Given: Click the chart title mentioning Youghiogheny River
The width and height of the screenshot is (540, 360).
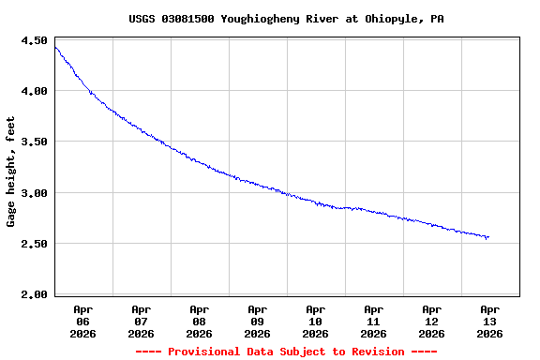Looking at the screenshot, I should pyautogui.click(x=286, y=18).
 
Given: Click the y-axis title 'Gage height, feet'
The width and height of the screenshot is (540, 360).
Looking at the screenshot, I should pyautogui.click(x=11, y=172).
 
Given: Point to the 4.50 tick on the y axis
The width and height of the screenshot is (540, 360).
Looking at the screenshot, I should pyautogui.click(x=34, y=40).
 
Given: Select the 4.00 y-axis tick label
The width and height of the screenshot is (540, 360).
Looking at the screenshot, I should pyautogui.click(x=34, y=91).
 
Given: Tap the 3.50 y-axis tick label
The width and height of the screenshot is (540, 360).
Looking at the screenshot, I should pyautogui.click(x=34, y=142).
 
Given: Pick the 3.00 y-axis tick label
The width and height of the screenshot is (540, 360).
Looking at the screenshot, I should pyautogui.click(x=34, y=193).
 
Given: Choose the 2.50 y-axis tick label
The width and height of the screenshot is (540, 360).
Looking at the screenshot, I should pyautogui.click(x=34, y=244).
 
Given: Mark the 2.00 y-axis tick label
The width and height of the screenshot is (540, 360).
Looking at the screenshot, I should pyautogui.click(x=34, y=294).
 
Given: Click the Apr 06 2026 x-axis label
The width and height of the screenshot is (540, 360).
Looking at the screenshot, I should pyautogui.click(x=83, y=321).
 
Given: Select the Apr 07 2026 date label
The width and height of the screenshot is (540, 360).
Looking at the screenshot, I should pyautogui.click(x=142, y=321).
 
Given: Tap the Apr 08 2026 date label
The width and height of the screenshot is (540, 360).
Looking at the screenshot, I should pyautogui.click(x=200, y=321).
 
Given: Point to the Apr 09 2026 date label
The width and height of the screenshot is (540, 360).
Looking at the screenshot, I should pyautogui.click(x=258, y=321).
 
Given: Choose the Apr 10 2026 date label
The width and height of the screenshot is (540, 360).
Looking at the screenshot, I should pyautogui.click(x=316, y=321).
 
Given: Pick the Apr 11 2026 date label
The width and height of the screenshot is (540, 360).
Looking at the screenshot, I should pyautogui.click(x=374, y=321).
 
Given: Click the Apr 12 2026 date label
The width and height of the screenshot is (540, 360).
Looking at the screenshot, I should pyautogui.click(x=432, y=321).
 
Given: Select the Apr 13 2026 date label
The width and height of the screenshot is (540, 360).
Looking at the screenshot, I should pyautogui.click(x=490, y=321).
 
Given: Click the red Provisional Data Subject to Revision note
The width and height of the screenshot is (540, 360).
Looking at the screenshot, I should pyautogui.click(x=286, y=352).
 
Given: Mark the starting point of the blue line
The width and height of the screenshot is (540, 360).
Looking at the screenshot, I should pyautogui.click(x=55, y=47).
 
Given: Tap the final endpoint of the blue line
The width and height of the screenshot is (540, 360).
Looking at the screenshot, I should pyautogui.click(x=488, y=237).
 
